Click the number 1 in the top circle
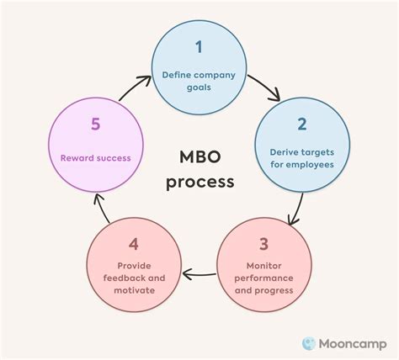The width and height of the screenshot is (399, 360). [x=199, y=46]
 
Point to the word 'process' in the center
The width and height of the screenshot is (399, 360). [x=199, y=181]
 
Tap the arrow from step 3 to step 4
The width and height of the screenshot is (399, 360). [x=199, y=273]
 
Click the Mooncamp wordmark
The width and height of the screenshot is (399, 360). [x=351, y=342]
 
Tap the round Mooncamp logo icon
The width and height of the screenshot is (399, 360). [x=308, y=342]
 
